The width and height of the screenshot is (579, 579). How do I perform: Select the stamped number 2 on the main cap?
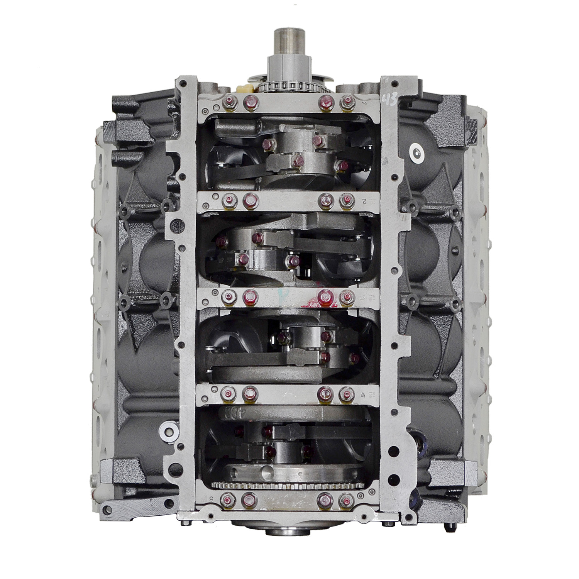364,201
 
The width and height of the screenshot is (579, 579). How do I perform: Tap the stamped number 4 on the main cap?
363,394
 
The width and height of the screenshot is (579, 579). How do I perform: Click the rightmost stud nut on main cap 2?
346,200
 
